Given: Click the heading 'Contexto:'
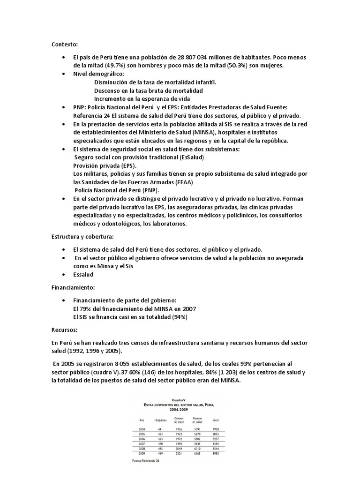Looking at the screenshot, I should (65, 45).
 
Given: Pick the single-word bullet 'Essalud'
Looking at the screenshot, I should (83, 274).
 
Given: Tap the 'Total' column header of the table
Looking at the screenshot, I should (216, 420).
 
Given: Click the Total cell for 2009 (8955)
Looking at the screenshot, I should (216, 454).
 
